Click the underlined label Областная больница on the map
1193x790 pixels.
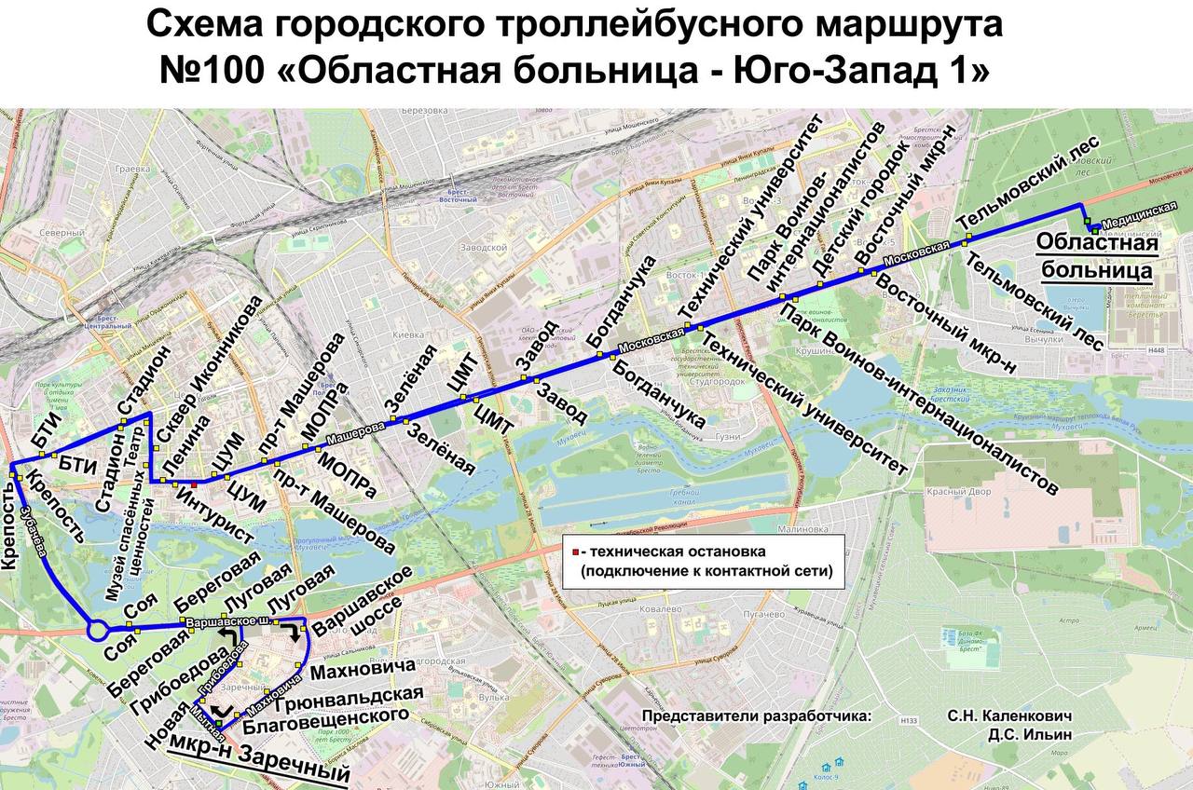[1097, 257]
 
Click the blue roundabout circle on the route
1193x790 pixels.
[97, 631]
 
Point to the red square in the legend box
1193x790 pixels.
[577, 552]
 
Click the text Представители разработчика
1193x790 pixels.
[756, 716]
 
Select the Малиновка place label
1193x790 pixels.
[801, 528]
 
